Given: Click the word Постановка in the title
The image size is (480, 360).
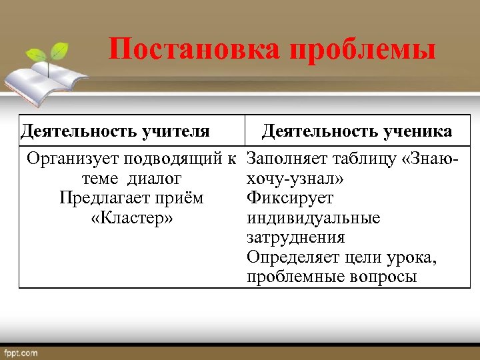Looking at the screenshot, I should click(177, 51).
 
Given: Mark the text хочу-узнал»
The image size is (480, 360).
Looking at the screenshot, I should click(295, 179).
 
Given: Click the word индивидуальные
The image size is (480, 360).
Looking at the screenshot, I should click(313, 218).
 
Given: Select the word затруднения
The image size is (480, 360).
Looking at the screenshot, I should click(295, 237).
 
